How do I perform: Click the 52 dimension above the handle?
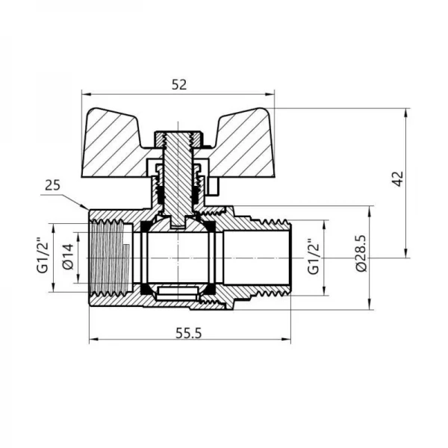178,84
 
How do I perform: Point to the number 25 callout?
52,184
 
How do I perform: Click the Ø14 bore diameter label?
65,256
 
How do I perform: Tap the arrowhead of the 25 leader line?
87,207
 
